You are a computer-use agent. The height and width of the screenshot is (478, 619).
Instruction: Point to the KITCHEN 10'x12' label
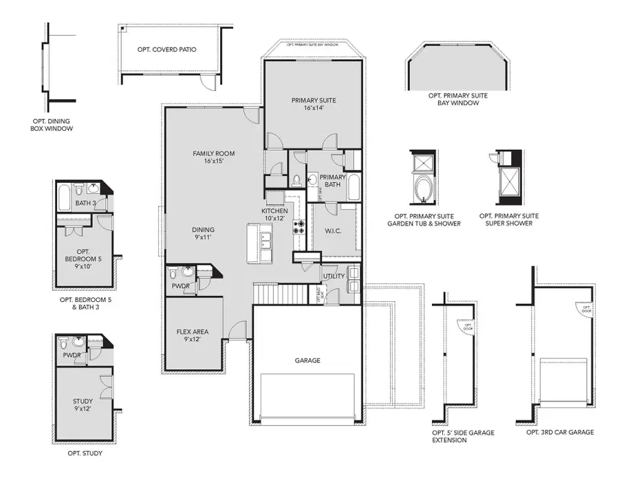[273, 214]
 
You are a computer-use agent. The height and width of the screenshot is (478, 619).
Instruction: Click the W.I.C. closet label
[332, 231]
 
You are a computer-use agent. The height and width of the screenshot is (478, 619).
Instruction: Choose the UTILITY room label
[334, 276]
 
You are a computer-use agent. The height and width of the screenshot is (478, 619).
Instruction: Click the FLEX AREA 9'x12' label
[192, 336]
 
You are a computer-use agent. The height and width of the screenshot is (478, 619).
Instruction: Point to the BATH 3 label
[81, 203]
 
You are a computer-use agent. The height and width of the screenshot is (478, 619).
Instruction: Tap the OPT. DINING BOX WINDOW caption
[51, 124]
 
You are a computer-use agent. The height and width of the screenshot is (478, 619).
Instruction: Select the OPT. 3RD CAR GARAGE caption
[560, 432]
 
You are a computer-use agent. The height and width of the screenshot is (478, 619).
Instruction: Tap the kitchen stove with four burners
[300, 226]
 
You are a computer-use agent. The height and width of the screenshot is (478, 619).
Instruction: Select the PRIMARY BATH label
[332, 180]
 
